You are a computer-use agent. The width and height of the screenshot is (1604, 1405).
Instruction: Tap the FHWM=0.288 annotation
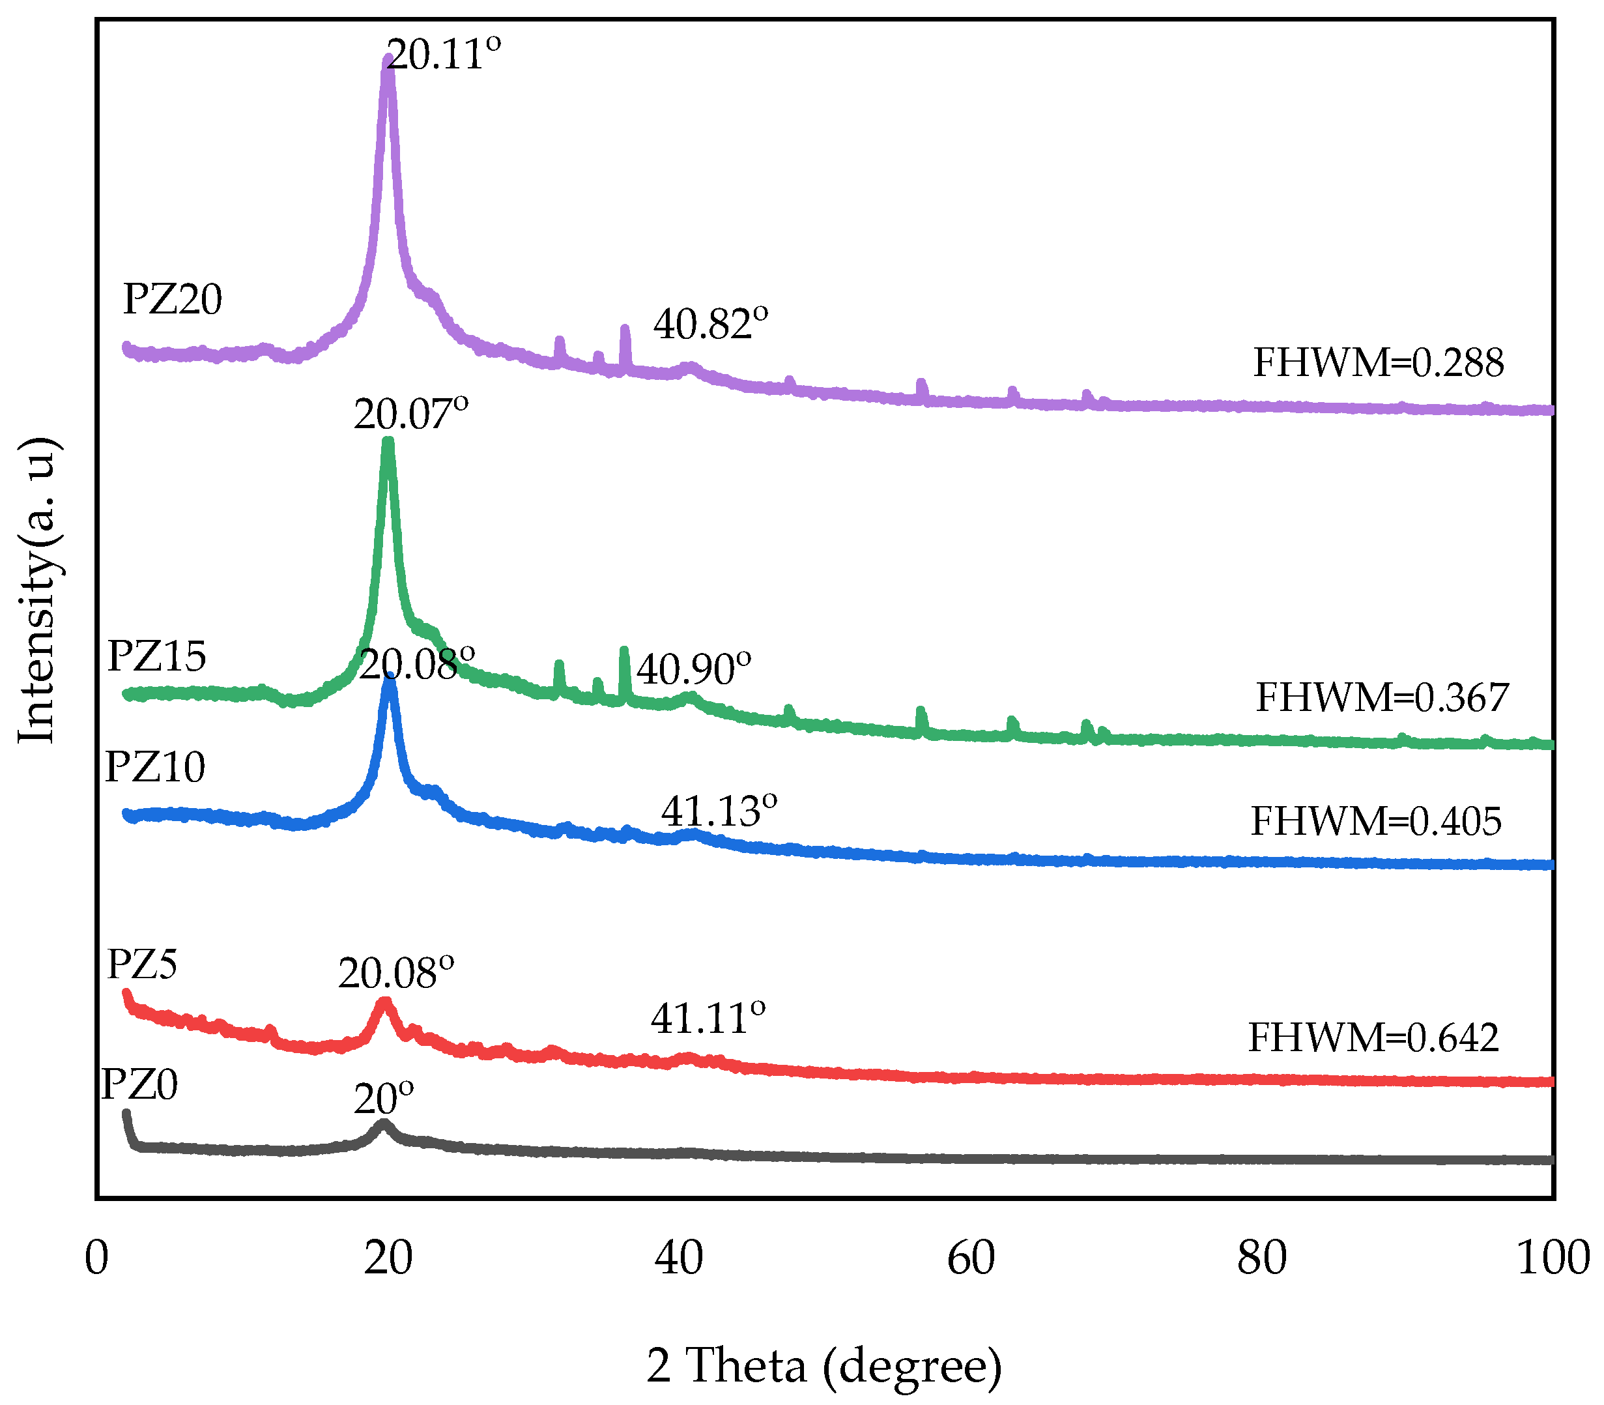coord(1377,362)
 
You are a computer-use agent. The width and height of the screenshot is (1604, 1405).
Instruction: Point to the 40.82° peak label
coord(710,324)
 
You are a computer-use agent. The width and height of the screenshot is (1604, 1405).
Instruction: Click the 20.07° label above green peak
coord(411,414)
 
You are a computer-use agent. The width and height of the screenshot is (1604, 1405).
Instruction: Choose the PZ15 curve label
coord(157,656)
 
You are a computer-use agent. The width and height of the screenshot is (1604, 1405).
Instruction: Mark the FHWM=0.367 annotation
coord(1381,697)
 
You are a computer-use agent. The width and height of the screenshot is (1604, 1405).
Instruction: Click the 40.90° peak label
coord(694,669)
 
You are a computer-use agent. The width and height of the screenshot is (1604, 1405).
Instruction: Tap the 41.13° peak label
coord(719,811)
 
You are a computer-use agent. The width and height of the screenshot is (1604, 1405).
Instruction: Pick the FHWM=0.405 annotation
coord(1376,821)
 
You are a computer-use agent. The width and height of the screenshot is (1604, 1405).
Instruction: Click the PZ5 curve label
coord(142,964)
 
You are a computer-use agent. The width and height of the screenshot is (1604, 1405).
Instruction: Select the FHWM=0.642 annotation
coord(1373,1037)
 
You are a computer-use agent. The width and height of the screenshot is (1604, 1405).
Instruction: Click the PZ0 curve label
coord(139,1085)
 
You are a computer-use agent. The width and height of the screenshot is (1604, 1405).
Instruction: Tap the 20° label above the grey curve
coord(383,1099)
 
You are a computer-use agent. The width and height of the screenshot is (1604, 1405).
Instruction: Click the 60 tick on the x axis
coord(971,1258)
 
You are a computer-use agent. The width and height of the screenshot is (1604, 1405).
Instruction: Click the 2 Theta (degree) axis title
coord(824,1365)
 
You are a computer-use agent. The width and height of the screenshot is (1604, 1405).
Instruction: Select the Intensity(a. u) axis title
coord(37,589)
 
